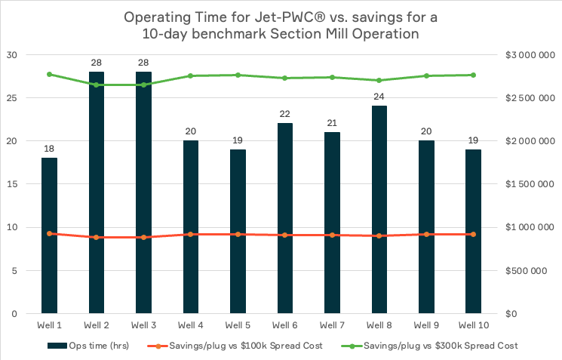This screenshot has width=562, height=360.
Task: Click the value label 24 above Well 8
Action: coord(378,97)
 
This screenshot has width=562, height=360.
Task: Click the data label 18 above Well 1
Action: coord(49,149)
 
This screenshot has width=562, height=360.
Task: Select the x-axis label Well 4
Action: coord(190,325)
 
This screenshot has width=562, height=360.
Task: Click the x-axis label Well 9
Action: coord(425,325)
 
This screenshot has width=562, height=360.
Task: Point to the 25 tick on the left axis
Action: coord(11,98)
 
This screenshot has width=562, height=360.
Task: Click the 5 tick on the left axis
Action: coord(14,270)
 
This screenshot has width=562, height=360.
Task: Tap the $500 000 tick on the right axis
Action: coord(531,270)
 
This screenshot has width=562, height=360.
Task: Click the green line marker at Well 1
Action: coord(49,74)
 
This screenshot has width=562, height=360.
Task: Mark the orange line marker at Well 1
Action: coord(49,233)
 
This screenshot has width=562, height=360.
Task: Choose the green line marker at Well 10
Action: coord(473,75)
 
